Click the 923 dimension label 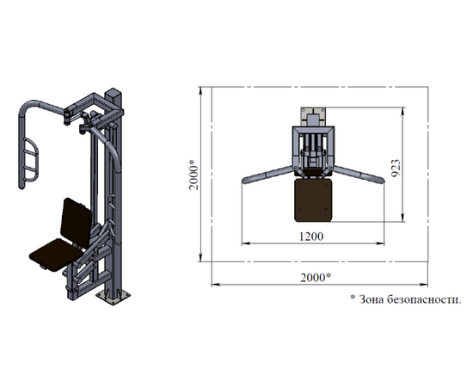point(396,168)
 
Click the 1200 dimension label point(311,236)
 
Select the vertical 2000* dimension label point(194,175)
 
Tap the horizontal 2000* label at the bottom point(316,277)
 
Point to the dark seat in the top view point(313,200)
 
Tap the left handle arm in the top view point(267,175)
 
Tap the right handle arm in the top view point(359,175)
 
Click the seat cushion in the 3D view point(55,255)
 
